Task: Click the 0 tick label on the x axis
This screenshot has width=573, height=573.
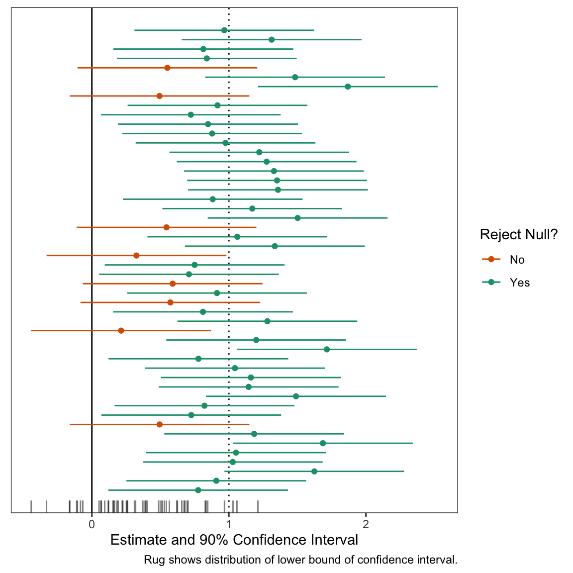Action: point(92,524)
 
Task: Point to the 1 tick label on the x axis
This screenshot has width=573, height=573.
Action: point(229,524)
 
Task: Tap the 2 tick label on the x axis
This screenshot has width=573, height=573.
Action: point(366,524)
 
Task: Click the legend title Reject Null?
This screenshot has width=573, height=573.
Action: point(518,235)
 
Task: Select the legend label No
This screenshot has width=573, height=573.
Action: point(517,260)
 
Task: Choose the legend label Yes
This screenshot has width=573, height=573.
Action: point(519,283)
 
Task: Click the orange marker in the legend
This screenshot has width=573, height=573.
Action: point(491,259)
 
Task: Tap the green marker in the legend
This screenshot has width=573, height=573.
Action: point(491,282)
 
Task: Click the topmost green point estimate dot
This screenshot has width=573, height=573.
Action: point(224,30)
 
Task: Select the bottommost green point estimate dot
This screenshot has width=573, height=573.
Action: point(198,490)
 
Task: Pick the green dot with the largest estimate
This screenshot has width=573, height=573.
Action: point(348,87)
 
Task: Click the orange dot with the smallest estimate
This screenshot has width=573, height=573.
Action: point(121,330)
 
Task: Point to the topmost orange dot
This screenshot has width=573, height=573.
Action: point(167,68)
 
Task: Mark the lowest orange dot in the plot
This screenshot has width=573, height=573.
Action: point(159,424)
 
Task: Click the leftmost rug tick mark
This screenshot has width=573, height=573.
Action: point(31,506)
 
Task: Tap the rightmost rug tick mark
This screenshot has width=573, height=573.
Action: point(258,506)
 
